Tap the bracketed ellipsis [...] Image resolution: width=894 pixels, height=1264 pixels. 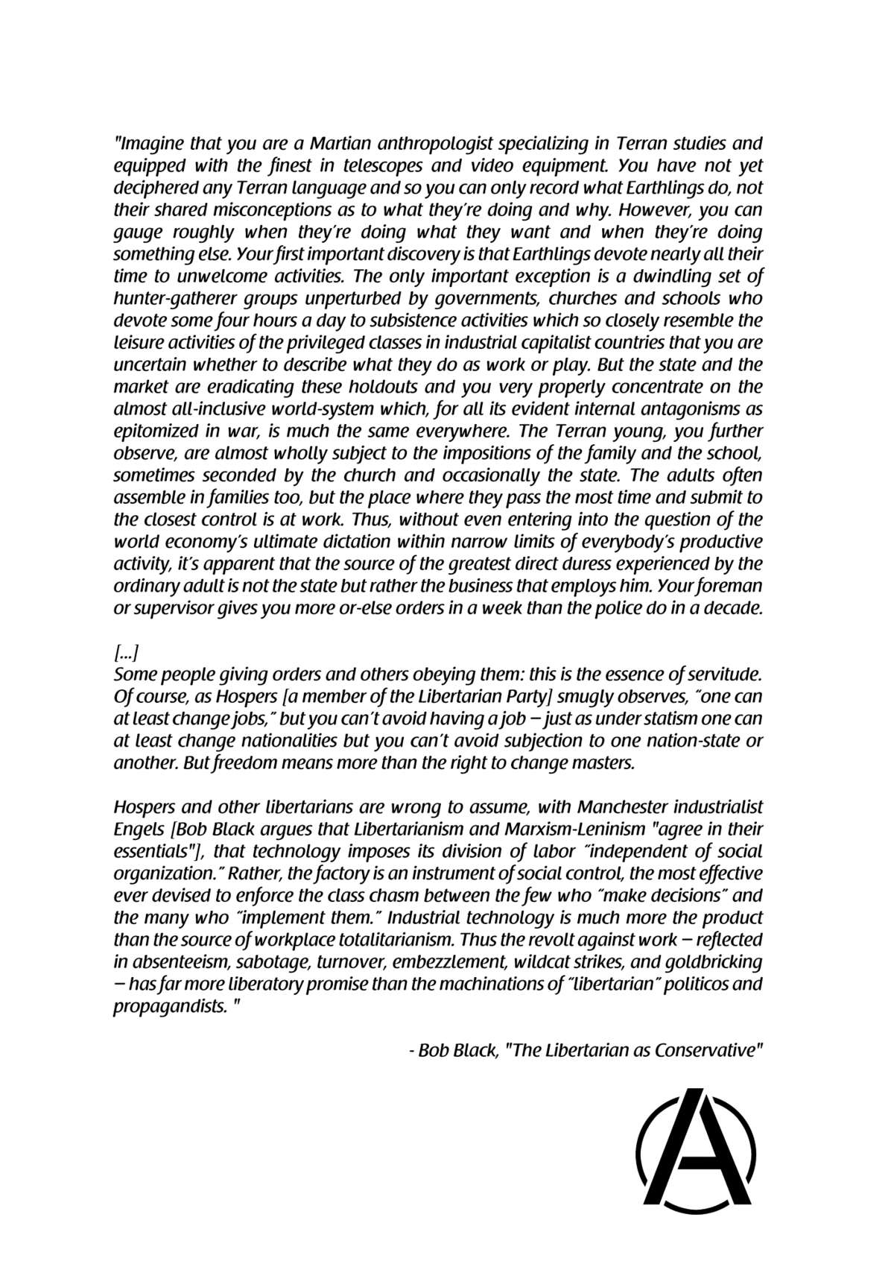(124, 654)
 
